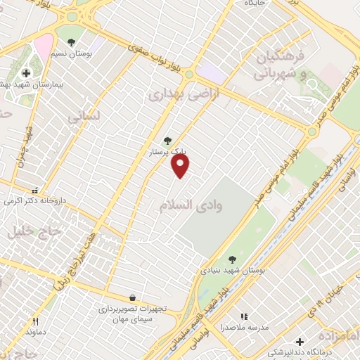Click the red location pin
[181, 165]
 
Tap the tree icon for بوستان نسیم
[70, 32]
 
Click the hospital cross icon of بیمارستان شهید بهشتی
[26, 73]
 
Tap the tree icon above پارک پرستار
[167, 141]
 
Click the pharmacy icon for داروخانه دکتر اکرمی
[34, 190]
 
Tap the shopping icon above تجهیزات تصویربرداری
[132, 298]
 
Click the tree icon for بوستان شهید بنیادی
[233, 259]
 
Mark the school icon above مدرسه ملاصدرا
[245, 317]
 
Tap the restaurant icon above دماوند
[35, 321]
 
